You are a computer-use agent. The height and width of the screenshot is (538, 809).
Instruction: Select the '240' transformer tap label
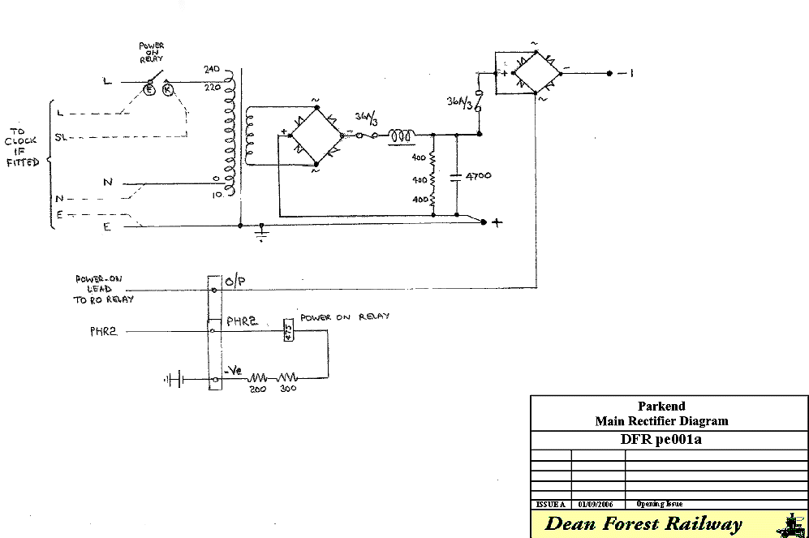[x=213, y=71]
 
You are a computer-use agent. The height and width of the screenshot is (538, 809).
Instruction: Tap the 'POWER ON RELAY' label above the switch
[x=151, y=52]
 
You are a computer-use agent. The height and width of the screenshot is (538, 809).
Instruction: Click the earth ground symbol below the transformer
[x=261, y=235]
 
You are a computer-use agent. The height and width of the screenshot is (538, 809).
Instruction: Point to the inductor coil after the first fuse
[x=402, y=135]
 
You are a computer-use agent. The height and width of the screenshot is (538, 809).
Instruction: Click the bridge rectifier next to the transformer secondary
[x=315, y=136]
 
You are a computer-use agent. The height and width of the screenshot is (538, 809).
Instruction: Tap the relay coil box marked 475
[x=287, y=331]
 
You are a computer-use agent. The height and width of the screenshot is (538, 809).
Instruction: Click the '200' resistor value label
[x=257, y=389]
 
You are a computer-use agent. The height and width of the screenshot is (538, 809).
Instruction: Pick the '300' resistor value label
[x=289, y=389]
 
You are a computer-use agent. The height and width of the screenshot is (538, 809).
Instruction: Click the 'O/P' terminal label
[x=235, y=282]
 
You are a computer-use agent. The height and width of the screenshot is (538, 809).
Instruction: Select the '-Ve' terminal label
[x=233, y=371]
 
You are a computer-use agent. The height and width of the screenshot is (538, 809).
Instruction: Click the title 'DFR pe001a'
[x=661, y=440]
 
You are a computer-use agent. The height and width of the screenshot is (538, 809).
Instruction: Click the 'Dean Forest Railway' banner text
[x=643, y=524]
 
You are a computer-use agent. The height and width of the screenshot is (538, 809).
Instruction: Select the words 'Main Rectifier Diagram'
[x=661, y=420]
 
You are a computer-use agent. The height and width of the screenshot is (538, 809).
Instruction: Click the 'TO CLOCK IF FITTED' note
[x=23, y=146]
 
